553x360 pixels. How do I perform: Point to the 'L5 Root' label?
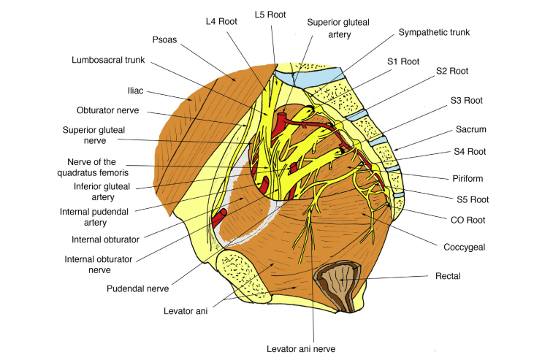(269, 14)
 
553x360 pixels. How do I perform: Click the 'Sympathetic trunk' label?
(434, 33)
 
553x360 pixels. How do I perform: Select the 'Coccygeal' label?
(465, 247)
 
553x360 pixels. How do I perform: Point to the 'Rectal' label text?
(448, 276)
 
